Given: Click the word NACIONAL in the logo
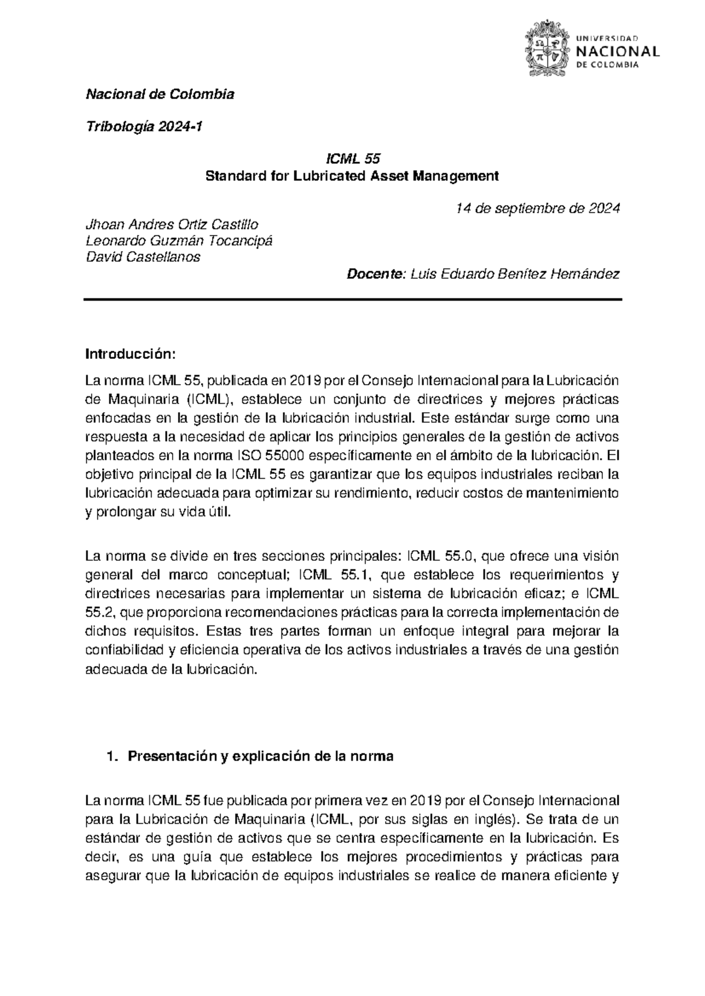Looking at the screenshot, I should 619,51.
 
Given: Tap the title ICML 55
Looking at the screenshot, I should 353,159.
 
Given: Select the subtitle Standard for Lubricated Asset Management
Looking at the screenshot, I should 351,176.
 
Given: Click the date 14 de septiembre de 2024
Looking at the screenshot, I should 538,208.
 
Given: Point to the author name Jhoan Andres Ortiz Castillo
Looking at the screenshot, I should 172,224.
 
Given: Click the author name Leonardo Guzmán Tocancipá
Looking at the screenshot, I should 179,241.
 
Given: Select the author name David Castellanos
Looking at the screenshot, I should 143,257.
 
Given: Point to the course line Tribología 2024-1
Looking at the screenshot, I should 144,126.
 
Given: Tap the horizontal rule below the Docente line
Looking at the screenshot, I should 352,300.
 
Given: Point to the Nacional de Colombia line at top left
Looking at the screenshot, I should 160,94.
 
